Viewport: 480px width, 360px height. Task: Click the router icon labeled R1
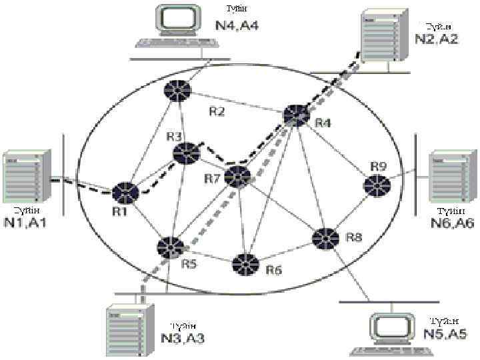(125, 193)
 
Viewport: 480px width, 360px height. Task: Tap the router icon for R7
(237, 177)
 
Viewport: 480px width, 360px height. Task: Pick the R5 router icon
(170, 247)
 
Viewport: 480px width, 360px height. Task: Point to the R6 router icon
(245, 265)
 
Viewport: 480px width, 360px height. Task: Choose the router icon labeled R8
(325, 238)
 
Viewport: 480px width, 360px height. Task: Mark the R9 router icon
(377, 185)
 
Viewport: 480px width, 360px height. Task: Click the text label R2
(216, 112)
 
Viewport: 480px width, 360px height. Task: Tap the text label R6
(274, 270)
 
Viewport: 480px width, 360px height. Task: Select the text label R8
(354, 237)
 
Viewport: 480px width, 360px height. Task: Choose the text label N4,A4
(237, 26)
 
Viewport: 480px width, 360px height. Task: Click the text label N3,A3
(183, 338)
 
